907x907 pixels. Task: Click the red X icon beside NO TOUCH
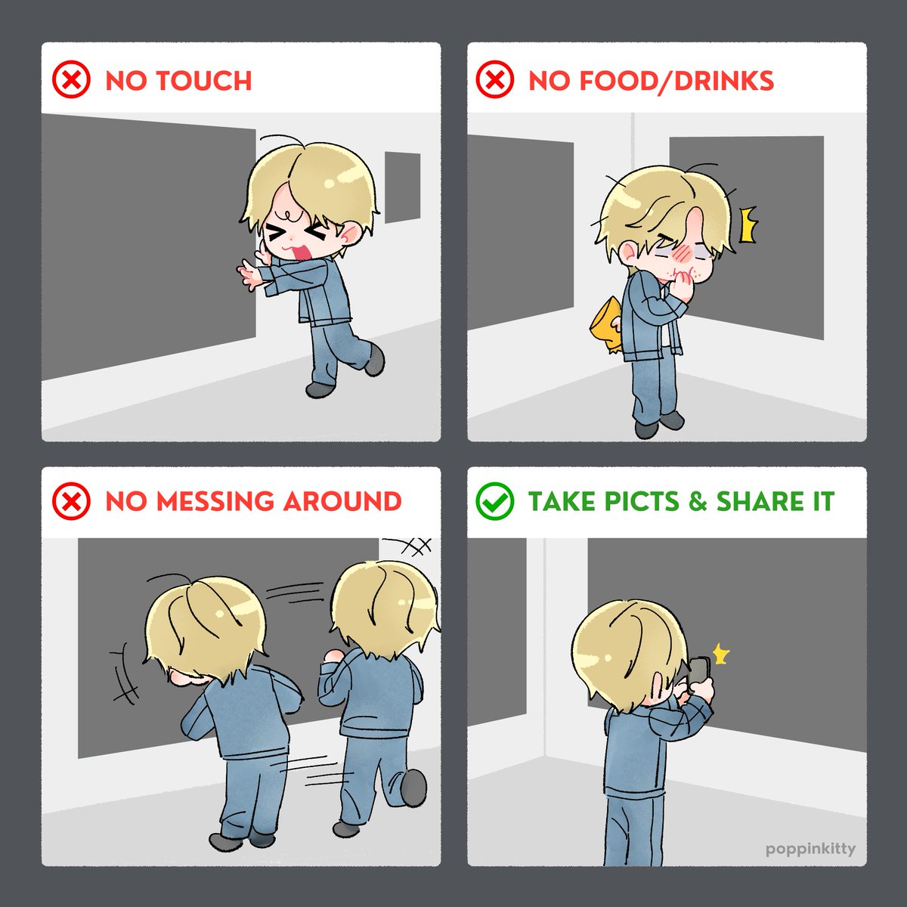[70, 79]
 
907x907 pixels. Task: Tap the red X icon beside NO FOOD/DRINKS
[494, 79]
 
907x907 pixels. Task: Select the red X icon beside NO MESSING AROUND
[70, 500]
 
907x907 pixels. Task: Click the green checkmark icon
[494, 500]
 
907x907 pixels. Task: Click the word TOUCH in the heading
[204, 80]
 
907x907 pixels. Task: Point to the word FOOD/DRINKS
[676, 80]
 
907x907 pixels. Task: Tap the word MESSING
[215, 501]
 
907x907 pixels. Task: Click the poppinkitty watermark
[810, 850]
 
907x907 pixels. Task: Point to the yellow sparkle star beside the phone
[720, 655]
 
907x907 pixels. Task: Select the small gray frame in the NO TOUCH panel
[402, 187]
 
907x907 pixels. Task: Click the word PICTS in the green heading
[642, 501]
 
